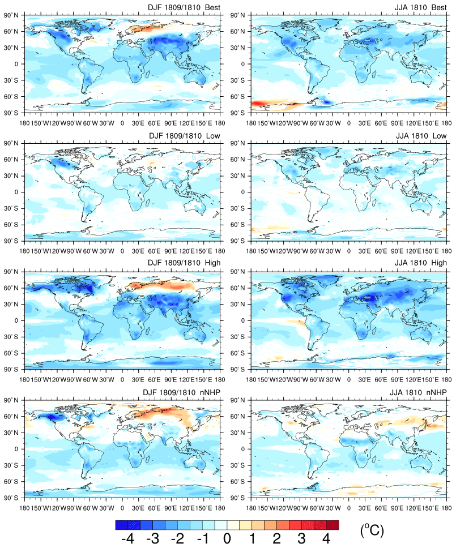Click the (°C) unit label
point(372,530)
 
